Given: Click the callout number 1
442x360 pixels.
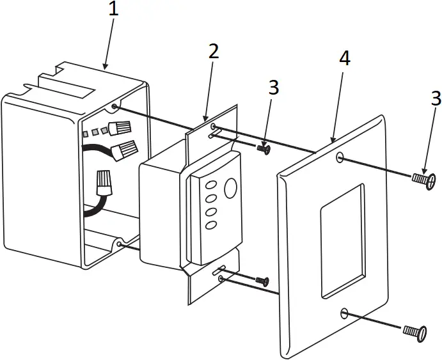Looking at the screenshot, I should pos(113,11).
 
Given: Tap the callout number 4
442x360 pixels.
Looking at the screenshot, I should pos(344,59).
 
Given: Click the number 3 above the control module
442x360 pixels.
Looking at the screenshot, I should pos(274,88).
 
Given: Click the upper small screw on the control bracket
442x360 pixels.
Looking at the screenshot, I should pos(263,149).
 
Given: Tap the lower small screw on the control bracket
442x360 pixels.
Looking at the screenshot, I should pos(263,280).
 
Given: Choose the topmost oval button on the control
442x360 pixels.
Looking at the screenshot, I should pos(210,185).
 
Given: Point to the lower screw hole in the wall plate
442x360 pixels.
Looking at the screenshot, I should pos(345,313).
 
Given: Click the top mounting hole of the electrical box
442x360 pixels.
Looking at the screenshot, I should pos(114,107).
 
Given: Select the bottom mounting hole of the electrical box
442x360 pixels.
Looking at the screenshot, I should pos(120,244).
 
